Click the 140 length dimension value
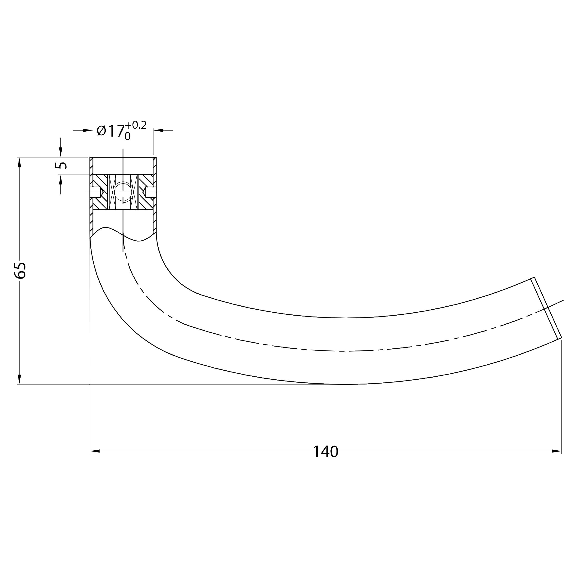click(326, 452)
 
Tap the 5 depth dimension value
click(62, 166)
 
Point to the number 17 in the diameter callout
click(116, 131)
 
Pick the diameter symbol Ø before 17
click(102, 131)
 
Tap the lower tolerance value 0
click(128, 136)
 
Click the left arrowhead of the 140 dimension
click(95, 451)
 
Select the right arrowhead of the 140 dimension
click(556, 451)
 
